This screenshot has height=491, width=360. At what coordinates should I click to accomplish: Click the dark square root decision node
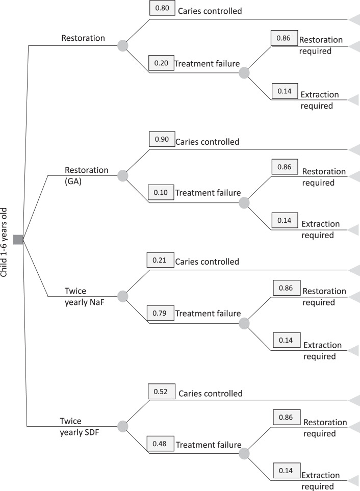[x=18, y=239]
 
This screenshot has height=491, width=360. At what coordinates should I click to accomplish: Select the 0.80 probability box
[x=162, y=9]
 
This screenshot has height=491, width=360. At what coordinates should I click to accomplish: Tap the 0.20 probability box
[x=161, y=63]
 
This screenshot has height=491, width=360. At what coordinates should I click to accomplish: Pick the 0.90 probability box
[x=162, y=139]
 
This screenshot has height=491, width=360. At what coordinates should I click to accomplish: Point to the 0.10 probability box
[x=161, y=193]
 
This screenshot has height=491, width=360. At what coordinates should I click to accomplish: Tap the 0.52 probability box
[x=161, y=391]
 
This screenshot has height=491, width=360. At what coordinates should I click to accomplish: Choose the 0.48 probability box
[x=160, y=444]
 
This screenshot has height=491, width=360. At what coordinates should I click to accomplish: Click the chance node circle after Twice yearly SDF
[x=122, y=426]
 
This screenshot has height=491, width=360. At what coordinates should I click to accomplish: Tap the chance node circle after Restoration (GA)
[x=122, y=176]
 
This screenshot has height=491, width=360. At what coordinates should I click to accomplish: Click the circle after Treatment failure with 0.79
[x=244, y=323]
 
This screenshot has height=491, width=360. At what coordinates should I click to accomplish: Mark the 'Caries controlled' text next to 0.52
[x=210, y=394]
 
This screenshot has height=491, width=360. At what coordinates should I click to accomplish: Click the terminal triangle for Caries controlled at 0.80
[x=354, y=19]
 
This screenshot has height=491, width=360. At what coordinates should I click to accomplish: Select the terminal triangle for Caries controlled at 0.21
[x=354, y=270]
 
